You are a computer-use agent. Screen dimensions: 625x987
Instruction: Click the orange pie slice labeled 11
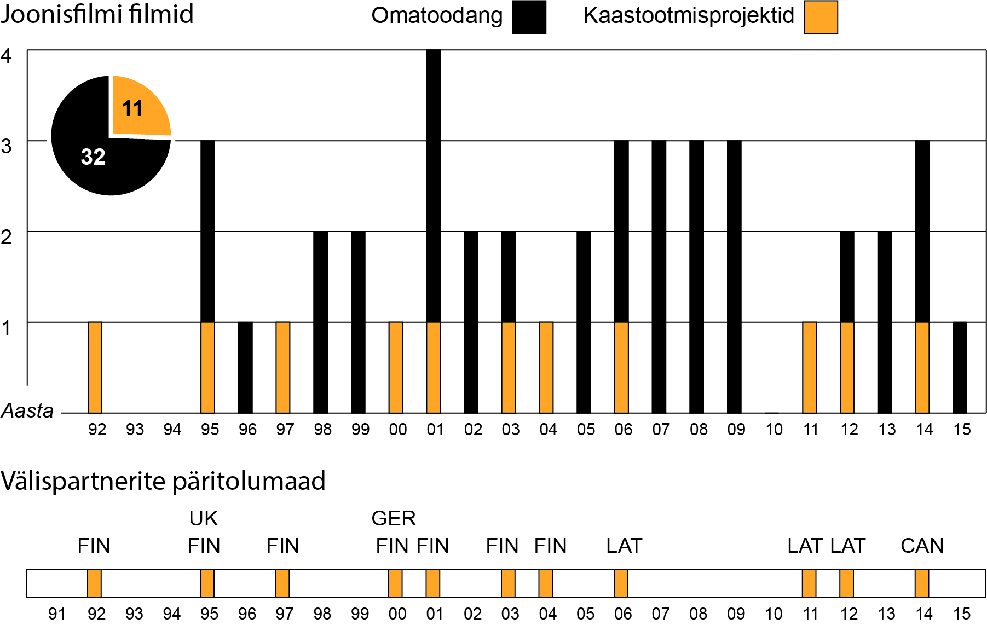click(140, 107)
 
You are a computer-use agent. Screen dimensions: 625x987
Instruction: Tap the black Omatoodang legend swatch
click(529, 18)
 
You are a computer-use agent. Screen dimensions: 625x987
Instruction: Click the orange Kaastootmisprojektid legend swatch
click(821, 18)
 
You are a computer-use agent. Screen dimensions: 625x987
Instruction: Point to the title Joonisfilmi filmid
click(97, 14)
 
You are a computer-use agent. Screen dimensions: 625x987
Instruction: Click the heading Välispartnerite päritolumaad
click(163, 481)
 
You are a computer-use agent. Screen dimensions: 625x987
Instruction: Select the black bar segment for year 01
click(433, 186)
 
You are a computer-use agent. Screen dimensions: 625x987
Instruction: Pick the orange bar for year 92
click(95, 367)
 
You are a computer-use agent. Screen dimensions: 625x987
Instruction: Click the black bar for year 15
click(960, 367)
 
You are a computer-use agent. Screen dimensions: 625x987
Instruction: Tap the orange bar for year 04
click(546, 367)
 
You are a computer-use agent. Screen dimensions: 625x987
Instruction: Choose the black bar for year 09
click(734, 276)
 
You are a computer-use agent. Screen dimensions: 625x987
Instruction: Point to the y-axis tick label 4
click(6, 56)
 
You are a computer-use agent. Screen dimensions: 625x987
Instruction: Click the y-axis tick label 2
click(6, 237)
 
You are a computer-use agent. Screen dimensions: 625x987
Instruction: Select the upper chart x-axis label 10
click(774, 430)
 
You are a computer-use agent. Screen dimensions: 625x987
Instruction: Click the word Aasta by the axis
click(27, 410)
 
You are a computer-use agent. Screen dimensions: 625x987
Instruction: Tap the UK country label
click(203, 518)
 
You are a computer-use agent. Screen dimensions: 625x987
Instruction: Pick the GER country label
click(394, 518)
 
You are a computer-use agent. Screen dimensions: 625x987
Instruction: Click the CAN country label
click(922, 546)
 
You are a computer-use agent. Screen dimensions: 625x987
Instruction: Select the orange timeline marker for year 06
click(621, 583)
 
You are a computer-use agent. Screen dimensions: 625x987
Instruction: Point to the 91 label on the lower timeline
click(57, 614)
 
